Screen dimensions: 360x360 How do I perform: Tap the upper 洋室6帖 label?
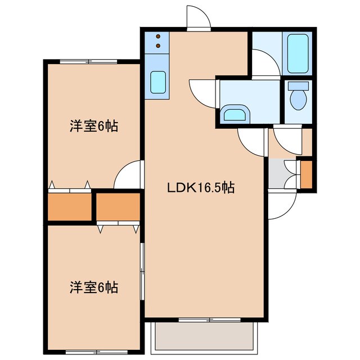coord(93,127)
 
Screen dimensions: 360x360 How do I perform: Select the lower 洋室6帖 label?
coord(93,287)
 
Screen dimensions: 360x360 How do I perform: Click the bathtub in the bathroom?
coord(299,53)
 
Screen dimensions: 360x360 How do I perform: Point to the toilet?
coord(296,97)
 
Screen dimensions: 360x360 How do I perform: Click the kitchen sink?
coord(158,83)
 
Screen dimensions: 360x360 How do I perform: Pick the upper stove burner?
coord(158,35)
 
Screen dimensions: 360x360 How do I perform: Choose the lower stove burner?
coord(158,46)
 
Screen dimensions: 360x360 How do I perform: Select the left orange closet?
coord(69,207)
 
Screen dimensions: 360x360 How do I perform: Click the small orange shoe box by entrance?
coord(307,175)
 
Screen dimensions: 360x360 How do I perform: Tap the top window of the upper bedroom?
coord(85,61)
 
